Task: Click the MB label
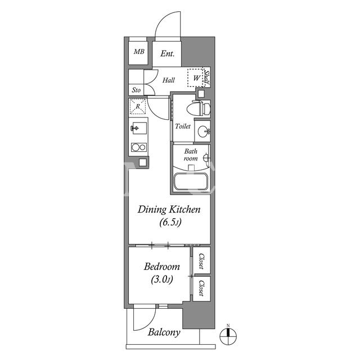[139, 52]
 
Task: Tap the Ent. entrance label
[168, 53]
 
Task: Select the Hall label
[169, 80]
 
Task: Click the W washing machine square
[195, 78]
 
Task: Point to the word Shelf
[207, 78]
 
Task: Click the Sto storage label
[136, 90]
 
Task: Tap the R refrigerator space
[137, 106]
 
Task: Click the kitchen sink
[139, 128]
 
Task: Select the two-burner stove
[139, 147]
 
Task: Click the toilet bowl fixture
[199, 108]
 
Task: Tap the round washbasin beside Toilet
[204, 132]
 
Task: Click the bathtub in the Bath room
[191, 181]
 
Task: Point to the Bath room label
[191, 155]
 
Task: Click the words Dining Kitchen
[169, 210]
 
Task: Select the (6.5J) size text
[170, 222]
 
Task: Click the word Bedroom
[162, 267]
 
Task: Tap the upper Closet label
[201, 261]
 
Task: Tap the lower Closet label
[201, 288]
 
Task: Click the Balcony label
[164, 332]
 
